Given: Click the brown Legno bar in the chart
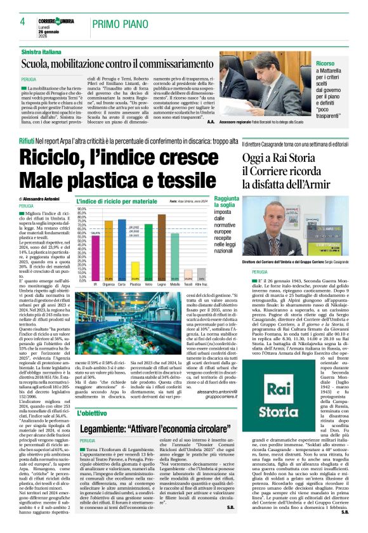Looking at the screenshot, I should point(162,247).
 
